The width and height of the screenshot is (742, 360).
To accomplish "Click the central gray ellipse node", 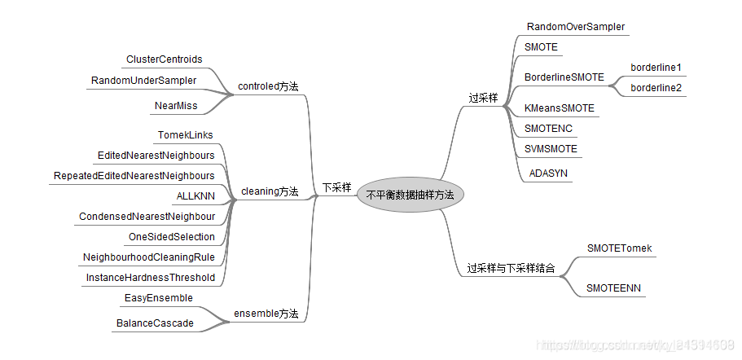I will (410, 195).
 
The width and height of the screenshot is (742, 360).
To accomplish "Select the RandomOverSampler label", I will (575, 27).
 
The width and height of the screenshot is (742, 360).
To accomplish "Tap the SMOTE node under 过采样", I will (542, 47).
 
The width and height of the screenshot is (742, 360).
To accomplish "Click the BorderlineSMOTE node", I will (564, 77).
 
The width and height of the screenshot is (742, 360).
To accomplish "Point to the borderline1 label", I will (656, 67).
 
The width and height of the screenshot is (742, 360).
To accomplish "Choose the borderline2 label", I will (656, 87).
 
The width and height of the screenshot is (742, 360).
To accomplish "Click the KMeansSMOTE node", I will (560, 108).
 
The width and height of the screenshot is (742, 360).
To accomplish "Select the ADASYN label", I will (548, 173).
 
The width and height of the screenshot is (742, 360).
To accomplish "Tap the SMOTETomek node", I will (619, 248).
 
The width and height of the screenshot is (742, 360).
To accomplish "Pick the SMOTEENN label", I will (614, 288).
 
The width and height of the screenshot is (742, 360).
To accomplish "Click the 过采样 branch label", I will (483, 98).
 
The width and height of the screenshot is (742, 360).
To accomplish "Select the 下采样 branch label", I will (336, 187).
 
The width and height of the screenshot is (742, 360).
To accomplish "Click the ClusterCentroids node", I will (164, 59).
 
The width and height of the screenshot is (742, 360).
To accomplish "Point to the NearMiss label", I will (176, 106).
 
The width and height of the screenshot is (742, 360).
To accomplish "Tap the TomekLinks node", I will (185, 134).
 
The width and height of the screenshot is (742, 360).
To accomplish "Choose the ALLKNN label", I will (195, 196).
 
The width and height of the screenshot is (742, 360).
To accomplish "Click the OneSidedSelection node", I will (171, 237).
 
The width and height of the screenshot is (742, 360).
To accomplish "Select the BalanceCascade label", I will (155, 323).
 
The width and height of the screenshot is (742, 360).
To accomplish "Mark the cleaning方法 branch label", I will (270, 192).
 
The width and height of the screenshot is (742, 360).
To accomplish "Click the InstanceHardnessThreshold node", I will (151, 278).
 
